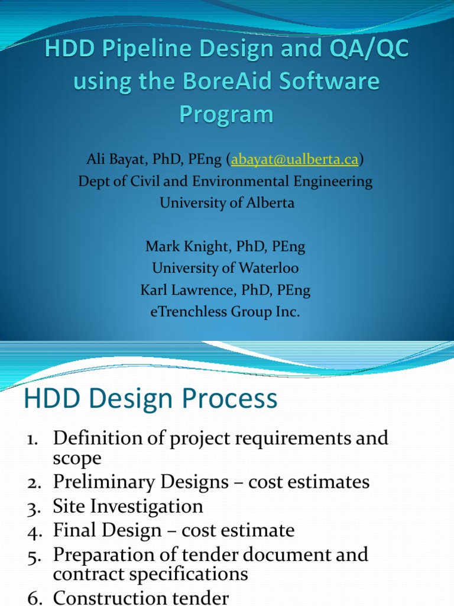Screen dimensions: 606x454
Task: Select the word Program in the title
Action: pos(226,114)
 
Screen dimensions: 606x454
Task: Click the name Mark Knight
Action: pos(180,247)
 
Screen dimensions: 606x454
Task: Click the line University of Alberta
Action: pos(226,203)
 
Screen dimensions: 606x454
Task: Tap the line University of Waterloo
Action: pos(225,268)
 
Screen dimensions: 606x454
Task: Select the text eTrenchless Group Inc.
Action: pos(225,312)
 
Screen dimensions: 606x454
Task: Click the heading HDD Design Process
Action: pos(150,398)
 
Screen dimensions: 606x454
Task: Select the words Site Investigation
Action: pos(128,507)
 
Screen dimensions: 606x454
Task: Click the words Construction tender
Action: pos(141,598)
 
